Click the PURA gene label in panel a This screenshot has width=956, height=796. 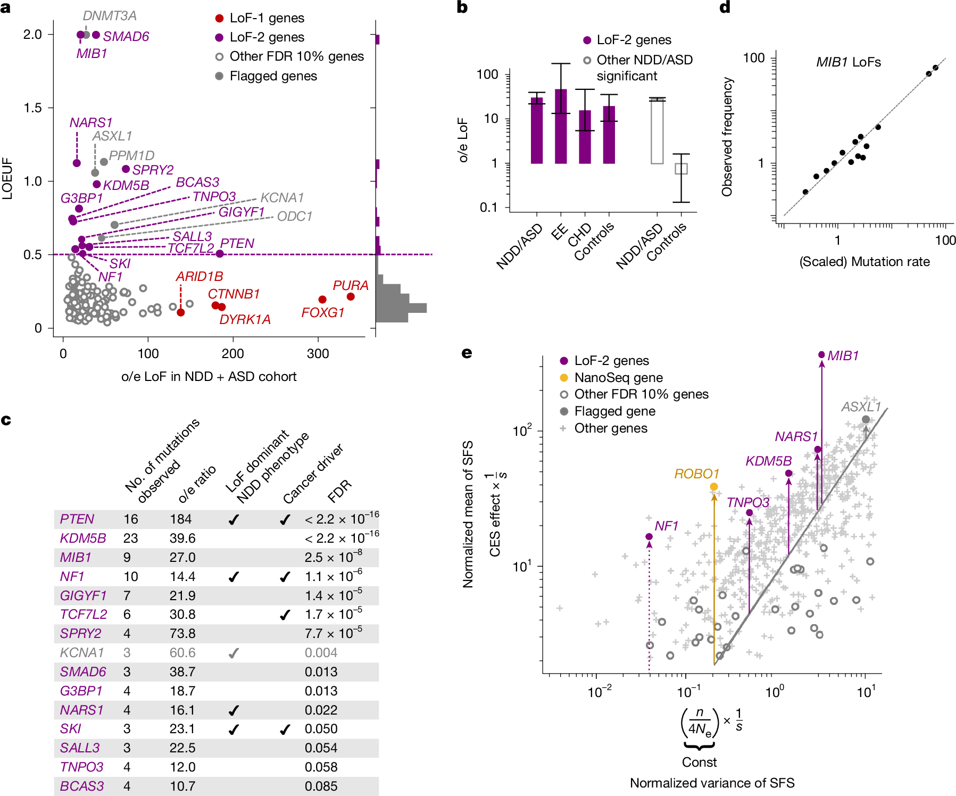tap(350, 286)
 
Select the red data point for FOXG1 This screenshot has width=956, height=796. tap(322, 300)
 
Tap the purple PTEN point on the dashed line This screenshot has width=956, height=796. tap(220, 254)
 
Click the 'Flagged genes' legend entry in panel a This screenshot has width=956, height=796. tap(273, 76)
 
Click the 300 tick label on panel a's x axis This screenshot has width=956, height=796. tap(318, 354)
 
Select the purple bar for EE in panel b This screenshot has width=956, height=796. tap(561, 126)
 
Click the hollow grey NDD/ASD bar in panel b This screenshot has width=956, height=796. tap(657, 131)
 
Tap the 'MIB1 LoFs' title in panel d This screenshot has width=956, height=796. tap(849, 62)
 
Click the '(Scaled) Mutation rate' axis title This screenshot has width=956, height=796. tap(864, 262)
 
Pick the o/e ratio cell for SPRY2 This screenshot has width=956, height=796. tap(182, 634)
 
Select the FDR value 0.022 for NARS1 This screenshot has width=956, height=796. tap(321, 710)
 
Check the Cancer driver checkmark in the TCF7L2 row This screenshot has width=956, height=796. tap(285, 615)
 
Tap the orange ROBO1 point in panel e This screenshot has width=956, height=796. tap(714, 487)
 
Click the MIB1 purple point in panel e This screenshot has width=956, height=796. tap(821, 355)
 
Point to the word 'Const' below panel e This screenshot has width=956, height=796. tap(699, 762)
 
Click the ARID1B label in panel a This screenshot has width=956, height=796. tap(199, 277)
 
